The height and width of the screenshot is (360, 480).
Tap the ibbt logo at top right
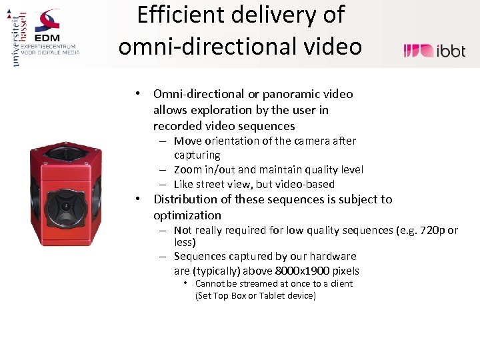tap(434, 50)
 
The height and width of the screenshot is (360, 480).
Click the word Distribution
tap(186, 199)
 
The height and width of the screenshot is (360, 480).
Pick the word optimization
tap(187, 215)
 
